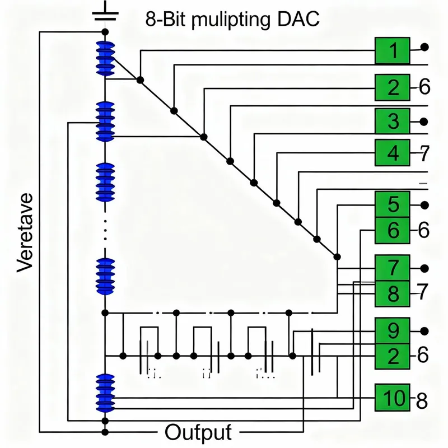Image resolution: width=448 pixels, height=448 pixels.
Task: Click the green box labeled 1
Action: [393, 51]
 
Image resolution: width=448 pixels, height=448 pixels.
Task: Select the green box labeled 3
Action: [393, 121]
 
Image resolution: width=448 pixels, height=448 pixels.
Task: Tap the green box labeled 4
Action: [393, 152]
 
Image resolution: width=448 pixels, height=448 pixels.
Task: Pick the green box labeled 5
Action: [393, 205]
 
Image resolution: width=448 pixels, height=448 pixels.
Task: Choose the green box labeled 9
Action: [393, 330]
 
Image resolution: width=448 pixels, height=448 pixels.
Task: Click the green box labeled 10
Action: [393, 398]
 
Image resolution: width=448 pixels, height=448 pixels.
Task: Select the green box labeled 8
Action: [393, 292]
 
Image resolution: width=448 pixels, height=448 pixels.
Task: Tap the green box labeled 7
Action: [393, 268]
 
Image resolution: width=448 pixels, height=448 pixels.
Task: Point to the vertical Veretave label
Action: [26, 232]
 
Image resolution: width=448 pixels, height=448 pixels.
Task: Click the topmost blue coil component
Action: [105, 59]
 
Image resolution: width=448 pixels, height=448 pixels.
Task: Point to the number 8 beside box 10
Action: [422, 399]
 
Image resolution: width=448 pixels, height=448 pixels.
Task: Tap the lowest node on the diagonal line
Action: [337, 257]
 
